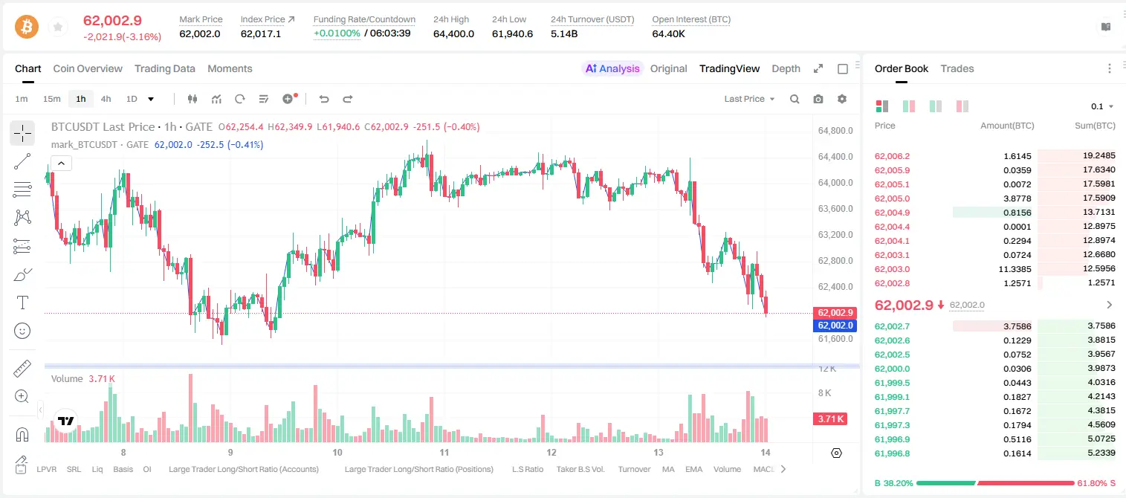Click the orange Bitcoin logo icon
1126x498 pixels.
pos(27,27)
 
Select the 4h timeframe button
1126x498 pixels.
pos(106,99)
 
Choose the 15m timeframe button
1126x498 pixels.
pos(52,99)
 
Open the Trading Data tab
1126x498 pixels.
pos(165,68)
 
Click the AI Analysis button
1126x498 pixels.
pos(612,68)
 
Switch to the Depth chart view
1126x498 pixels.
pos(786,68)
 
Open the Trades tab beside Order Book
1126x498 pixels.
pos(957,68)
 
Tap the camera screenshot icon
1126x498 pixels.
pos(818,99)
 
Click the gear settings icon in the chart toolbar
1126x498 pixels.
pos(842,99)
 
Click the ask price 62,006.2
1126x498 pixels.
pos(893,156)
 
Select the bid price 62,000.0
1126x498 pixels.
pos(893,369)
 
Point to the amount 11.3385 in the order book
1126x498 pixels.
pos(1015,269)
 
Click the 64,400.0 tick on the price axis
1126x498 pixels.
pos(835,156)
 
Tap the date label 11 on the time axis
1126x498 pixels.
pos(444,452)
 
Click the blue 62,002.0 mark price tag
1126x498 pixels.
pos(835,326)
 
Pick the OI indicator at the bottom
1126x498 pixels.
pos(147,469)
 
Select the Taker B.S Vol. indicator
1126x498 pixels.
pos(580,469)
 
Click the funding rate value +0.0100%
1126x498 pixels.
pos(337,33)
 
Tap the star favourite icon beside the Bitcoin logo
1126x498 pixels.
pos(58,27)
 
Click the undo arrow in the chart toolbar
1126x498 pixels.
pos(324,99)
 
